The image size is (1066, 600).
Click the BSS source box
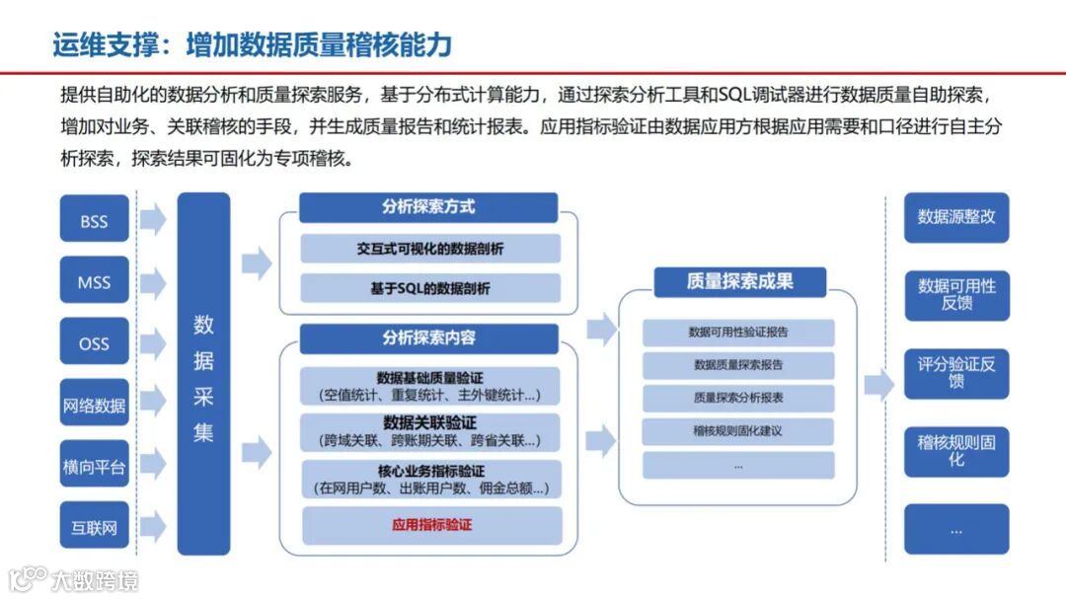click(95, 221)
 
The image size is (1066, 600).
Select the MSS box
click(95, 282)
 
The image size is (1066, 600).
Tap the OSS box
click(95, 343)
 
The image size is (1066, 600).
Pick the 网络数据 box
click(95, 405)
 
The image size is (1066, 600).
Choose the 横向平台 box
click(95, 466)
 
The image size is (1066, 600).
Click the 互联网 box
click(95, 527)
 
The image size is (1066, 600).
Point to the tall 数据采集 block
click(203, 375)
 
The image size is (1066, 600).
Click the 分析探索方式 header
click(428, 207)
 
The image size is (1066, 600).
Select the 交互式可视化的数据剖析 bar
click(430, 249)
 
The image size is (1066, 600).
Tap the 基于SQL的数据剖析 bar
click(430, 288)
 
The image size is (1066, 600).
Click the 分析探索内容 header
click(428, 337)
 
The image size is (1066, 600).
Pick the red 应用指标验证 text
click(431, 524)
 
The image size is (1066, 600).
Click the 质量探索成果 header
click(739, 281)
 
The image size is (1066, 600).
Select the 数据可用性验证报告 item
click(738, 332)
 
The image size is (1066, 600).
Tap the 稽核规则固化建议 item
click(738, 431)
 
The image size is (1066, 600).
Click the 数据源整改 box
click(956, 217)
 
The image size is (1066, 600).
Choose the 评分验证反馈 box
click(956, 372)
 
